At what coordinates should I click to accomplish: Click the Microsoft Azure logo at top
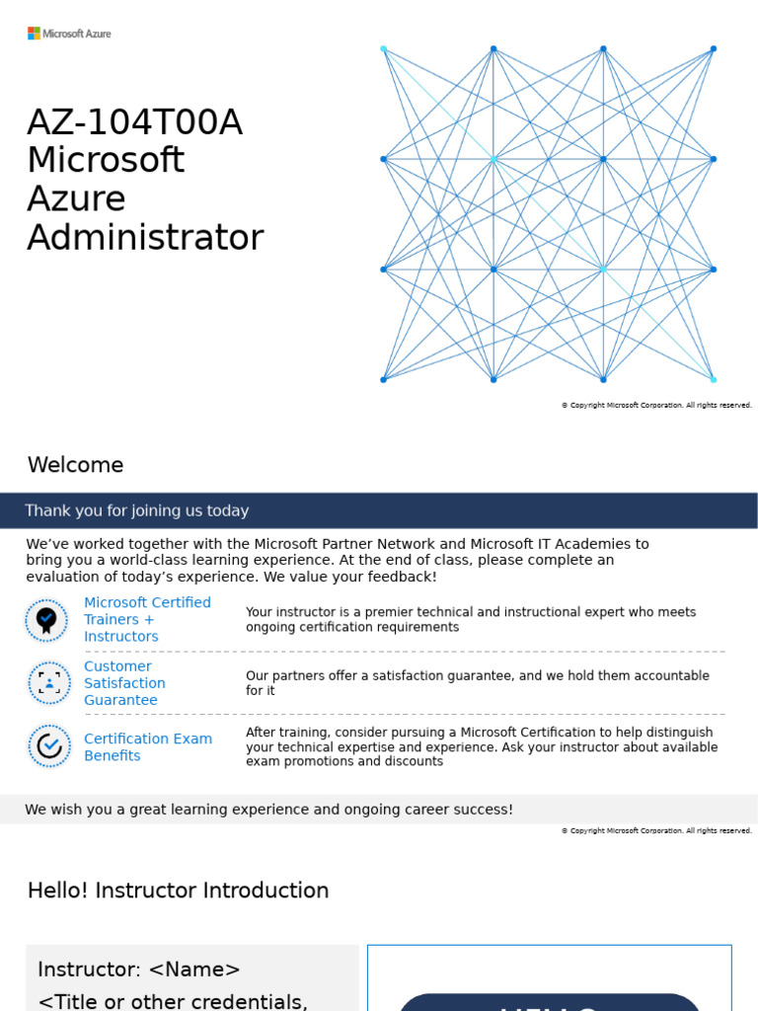tap(69, 34)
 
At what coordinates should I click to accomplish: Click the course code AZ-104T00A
tap(134, 123)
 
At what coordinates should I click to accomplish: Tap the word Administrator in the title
tap(145, 238)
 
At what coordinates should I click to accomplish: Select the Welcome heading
tap(76, 465)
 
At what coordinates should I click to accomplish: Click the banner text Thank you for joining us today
tap(136, 510)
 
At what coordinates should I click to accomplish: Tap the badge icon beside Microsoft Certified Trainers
tap(46, 620)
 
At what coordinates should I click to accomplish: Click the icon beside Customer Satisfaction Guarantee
tap(48, 682)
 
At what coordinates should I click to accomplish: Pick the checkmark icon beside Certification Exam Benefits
tap(48, 746)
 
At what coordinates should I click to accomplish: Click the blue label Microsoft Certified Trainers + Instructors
tap(147, 619)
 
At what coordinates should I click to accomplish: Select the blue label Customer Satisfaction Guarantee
tap(124, 683)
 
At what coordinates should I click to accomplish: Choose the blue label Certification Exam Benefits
tap(147, 746)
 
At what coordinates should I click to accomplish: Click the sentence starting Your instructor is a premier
tap(470, 619)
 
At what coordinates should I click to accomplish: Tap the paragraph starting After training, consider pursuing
tap(481, 746)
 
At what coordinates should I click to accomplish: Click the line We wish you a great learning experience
tap(268, 810)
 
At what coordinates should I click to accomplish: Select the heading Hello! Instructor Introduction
tap(178, 891)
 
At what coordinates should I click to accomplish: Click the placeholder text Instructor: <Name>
tap(138, 970)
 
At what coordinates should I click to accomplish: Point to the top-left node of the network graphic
tap(384, 48)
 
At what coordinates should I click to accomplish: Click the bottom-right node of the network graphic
tap(713, 379)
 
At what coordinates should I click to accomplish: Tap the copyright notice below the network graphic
tap(656, 405)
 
